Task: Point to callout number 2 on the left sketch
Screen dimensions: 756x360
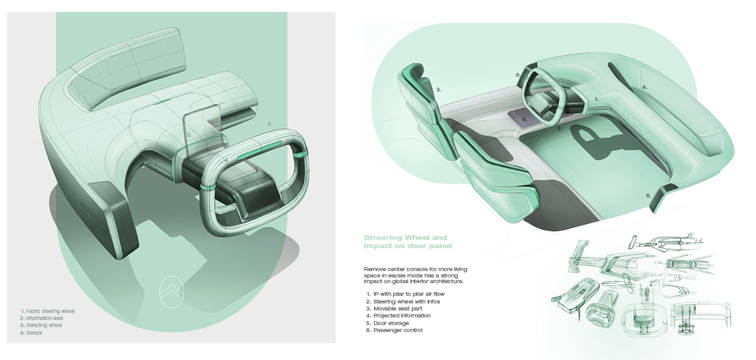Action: pos(189,135)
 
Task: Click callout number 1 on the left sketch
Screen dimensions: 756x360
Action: pos(269,123)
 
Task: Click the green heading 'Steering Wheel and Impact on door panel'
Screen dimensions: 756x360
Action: pos(406,241)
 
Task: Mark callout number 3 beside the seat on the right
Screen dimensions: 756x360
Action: pos(439,90)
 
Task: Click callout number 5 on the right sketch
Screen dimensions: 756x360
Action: pos(524,119)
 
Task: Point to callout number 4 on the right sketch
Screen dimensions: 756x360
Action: pos(644,87)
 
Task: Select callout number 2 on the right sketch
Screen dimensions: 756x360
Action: pos(559,128)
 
